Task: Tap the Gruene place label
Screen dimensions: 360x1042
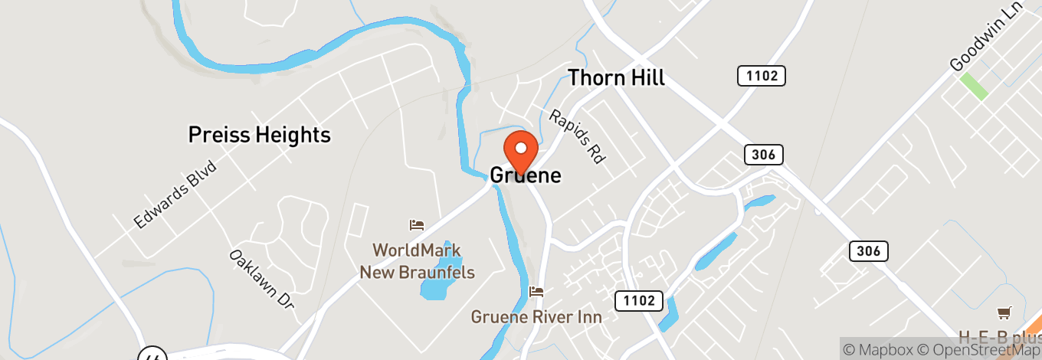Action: (x=526, y=175)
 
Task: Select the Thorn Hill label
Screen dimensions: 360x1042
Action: (x=616, y=77)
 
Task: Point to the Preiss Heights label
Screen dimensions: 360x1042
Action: (x=260, y=136)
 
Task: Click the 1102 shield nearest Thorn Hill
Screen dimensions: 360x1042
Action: (x=762, y=76)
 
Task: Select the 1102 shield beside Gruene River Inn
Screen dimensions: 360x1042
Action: (x=638, y=300)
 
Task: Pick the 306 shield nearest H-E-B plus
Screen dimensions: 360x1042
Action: (x=868, y=250)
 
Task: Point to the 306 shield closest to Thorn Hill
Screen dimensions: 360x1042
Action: (x=764, y=155)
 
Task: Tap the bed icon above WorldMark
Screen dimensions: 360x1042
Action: (x=416, y=225)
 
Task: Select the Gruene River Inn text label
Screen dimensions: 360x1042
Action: (x=536, y=316)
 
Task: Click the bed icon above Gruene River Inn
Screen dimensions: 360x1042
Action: (x=536, y=292)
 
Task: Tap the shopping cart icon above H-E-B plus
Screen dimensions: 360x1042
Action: (x=1004, y=313)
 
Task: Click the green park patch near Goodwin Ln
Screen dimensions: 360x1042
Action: (x=974, y=87)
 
